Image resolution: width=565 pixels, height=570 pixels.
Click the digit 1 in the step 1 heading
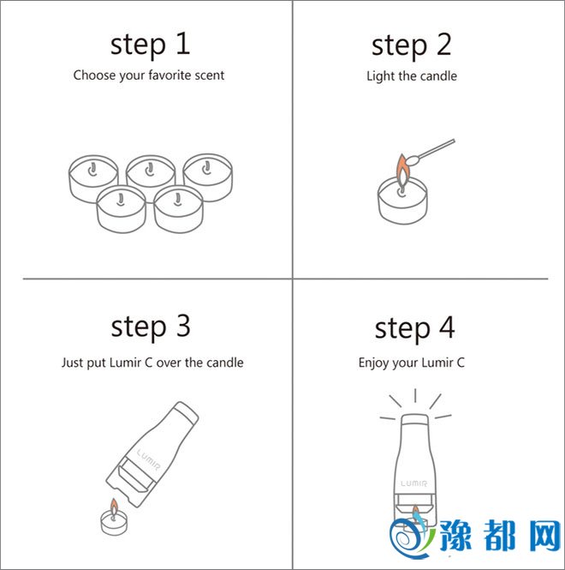click(x=183, y=44)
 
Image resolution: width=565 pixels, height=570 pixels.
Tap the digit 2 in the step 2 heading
click(x=443, y=44)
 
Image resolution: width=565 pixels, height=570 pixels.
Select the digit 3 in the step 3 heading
click(x=182, y=326)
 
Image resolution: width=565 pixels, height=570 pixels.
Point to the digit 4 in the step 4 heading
click(x=447, y=327)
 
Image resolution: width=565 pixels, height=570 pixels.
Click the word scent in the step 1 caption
click(x=210, y=75)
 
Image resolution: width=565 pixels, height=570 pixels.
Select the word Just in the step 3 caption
click(x=72, y=363)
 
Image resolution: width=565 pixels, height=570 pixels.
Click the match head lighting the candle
click(x=413, y=159)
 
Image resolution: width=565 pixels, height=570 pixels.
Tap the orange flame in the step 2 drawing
click(x=402, y=171)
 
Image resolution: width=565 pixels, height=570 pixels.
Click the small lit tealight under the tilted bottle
click(x=114, y=518)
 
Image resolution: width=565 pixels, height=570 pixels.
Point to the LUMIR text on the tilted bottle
click(x=148, y=459)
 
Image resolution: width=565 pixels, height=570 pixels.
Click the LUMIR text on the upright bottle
click(x=414, y=483)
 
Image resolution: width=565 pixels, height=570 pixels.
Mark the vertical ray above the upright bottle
click(x=415, y=395)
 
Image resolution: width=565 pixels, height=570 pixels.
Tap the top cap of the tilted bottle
click(x=186, y=411)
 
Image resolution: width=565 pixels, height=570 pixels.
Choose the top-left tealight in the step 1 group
click(x=93, y=178)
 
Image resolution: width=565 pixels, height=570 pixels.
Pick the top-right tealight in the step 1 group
click(x=208, y=177)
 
